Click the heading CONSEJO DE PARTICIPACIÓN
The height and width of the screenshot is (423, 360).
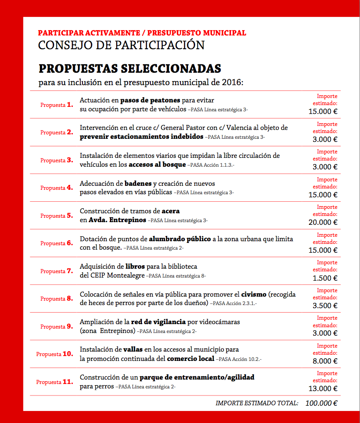click(121, 45)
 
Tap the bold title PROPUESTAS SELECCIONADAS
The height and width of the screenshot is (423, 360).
click(129, 69)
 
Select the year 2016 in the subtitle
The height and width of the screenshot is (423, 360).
click(232, 82)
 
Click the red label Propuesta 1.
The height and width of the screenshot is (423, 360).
click(56, 105)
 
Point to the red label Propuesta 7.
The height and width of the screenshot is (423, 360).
click(56, 271)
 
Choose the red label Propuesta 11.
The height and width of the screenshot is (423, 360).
click(55, 382)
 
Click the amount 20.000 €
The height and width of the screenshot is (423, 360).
click(323, 223)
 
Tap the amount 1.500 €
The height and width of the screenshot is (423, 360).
click(325, 278)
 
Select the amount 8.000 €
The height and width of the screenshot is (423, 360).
click(325, 361)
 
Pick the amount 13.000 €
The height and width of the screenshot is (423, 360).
click(323, 389)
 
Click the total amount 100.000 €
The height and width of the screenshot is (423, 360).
click(321, 403)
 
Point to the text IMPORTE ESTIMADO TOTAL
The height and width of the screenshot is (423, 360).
click(257, 403)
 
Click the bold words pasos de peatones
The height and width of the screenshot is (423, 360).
click(150, 101)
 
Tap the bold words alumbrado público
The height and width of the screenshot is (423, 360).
click(180, 239)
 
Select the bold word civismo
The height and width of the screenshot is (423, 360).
click(254, 294)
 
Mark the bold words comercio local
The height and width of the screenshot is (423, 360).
click(190, 358)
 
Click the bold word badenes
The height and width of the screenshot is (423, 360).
click(138, 184)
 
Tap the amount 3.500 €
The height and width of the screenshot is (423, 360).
click(325, 305)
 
